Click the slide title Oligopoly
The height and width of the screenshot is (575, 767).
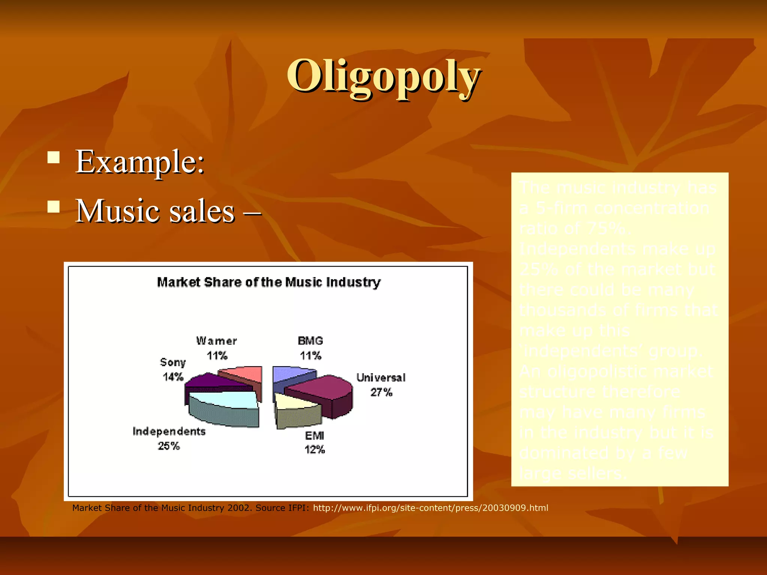[383, 77]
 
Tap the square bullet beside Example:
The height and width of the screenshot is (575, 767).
[54, 158]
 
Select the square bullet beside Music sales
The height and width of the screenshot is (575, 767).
[54, 207]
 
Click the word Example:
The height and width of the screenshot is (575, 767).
[140, 162]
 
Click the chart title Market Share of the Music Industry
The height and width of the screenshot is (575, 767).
[269, 282]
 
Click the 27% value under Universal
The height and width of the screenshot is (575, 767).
[381, 392]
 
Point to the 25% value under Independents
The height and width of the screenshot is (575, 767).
[169, 446]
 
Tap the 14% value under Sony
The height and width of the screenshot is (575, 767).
[173, 377]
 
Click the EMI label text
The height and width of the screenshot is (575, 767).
[314, 435]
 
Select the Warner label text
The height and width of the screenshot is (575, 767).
[216, 341]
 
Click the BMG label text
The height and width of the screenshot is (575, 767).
[310, 341]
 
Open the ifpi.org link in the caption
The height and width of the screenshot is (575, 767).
[430, 508]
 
